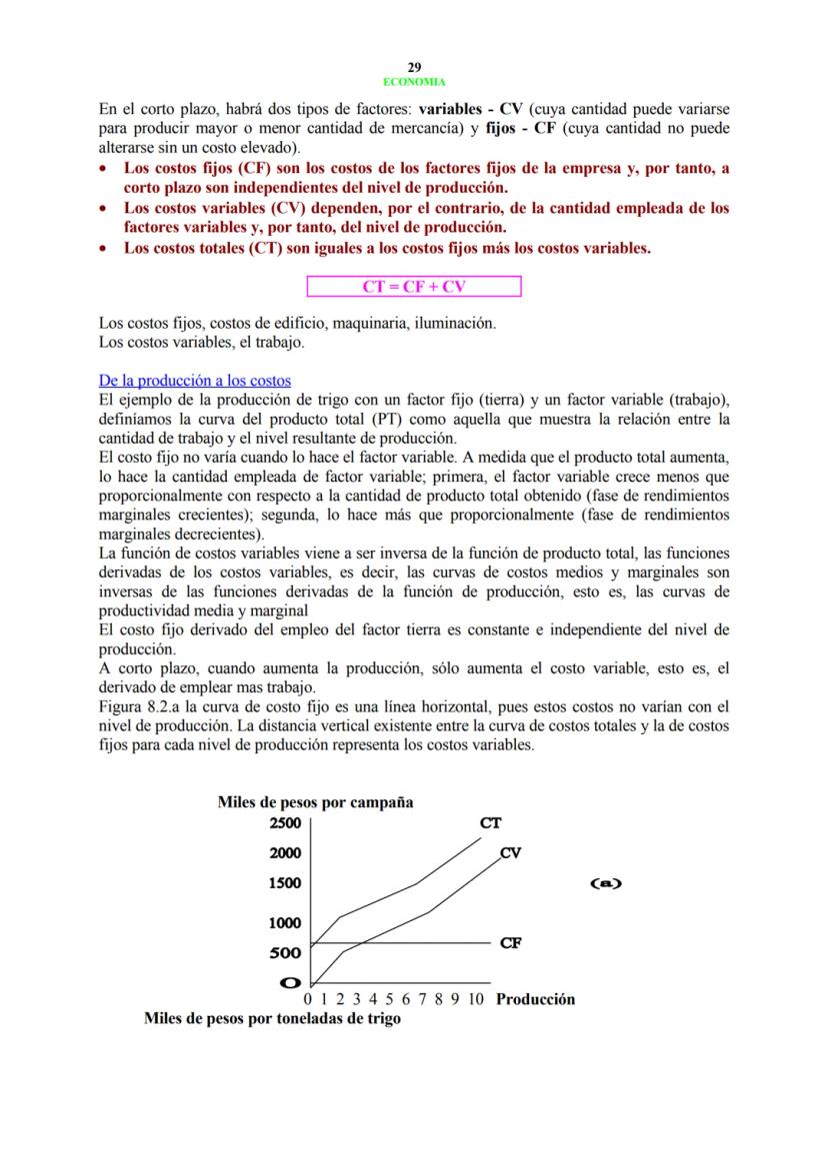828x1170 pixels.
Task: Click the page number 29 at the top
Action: point(414,67)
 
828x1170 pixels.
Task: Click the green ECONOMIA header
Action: point(414,82)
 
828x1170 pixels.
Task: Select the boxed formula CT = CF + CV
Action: point(414,288)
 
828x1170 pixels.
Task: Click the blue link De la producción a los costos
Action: point(195,381)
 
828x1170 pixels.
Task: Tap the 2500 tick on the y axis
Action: point(285,823)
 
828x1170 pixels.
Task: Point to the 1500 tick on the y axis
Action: point(285,883)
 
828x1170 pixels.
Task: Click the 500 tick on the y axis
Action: point(285,953)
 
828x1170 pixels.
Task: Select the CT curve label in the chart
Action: point(490,823)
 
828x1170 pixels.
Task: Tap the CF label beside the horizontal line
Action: point(510,942)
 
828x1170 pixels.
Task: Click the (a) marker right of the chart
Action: point(605,883)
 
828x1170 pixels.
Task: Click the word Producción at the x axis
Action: point(535,999)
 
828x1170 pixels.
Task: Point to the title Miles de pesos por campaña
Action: point(315,802)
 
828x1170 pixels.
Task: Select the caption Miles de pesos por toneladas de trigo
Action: point(272,1019)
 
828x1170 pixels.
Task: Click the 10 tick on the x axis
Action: point(476,999)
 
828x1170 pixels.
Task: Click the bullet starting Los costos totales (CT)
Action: point(387,248)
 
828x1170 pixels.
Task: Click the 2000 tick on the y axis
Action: point(285,853)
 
